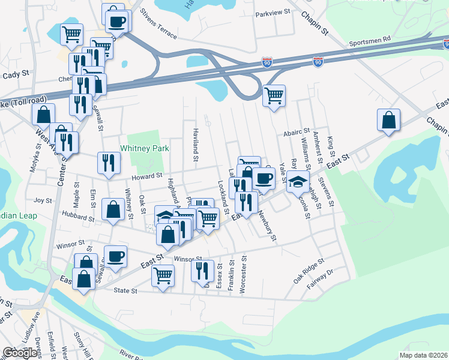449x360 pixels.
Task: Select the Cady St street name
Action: pos(16,74)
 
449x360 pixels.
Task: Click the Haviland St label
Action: pos(195,145)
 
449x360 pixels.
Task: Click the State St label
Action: pos(126,291)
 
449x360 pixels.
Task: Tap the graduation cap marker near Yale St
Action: pos(297,181)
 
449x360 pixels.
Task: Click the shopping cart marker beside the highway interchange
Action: pos(274,95)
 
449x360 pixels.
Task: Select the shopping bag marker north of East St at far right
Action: pos(388,119)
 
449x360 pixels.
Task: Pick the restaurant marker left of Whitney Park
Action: pos(109,163)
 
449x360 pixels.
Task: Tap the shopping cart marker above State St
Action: pos(163,276)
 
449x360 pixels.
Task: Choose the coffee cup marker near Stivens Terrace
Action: pos(117,22)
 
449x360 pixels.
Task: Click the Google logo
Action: pos(20,353)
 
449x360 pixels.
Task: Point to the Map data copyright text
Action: pos(424,355)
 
